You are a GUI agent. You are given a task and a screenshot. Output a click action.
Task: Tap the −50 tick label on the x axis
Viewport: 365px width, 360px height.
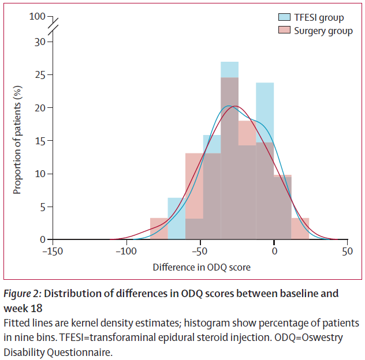[x=200, y=252]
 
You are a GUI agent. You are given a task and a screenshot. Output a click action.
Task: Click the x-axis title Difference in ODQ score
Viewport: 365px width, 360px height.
[x=202, y=268]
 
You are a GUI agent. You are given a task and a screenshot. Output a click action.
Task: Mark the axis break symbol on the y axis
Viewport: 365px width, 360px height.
[x=53, y=26]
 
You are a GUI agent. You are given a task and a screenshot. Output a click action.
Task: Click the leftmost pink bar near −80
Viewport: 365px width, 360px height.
[x=159, y=228]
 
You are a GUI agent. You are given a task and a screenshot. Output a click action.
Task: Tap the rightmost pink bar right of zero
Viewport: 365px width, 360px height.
[x=300, y=228]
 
